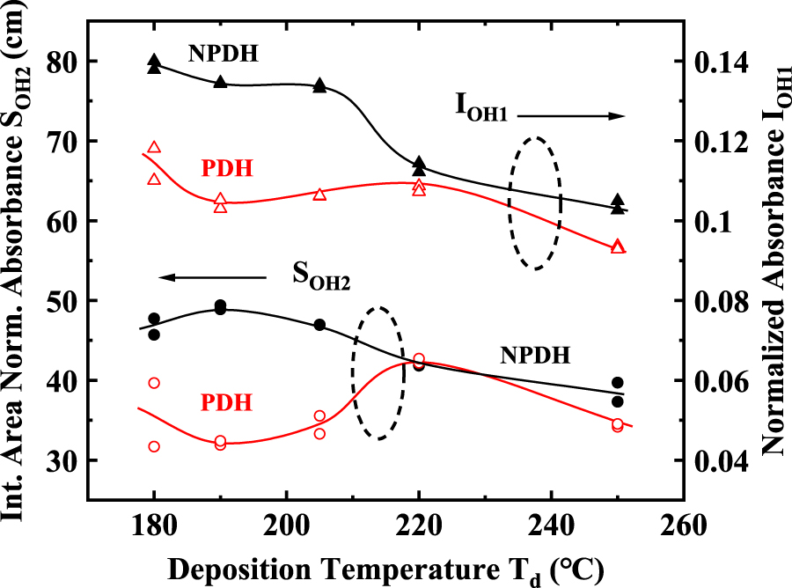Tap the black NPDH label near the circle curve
(536, 356)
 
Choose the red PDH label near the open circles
(227, 402)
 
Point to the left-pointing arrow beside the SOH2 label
(211, 278)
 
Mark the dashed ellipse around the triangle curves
(534, 203)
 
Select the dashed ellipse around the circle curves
(378, 373)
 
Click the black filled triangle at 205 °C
(319, 85)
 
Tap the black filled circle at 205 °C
(319, 325)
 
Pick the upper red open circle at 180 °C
(154, 383)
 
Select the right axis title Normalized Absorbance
(772, 264)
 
